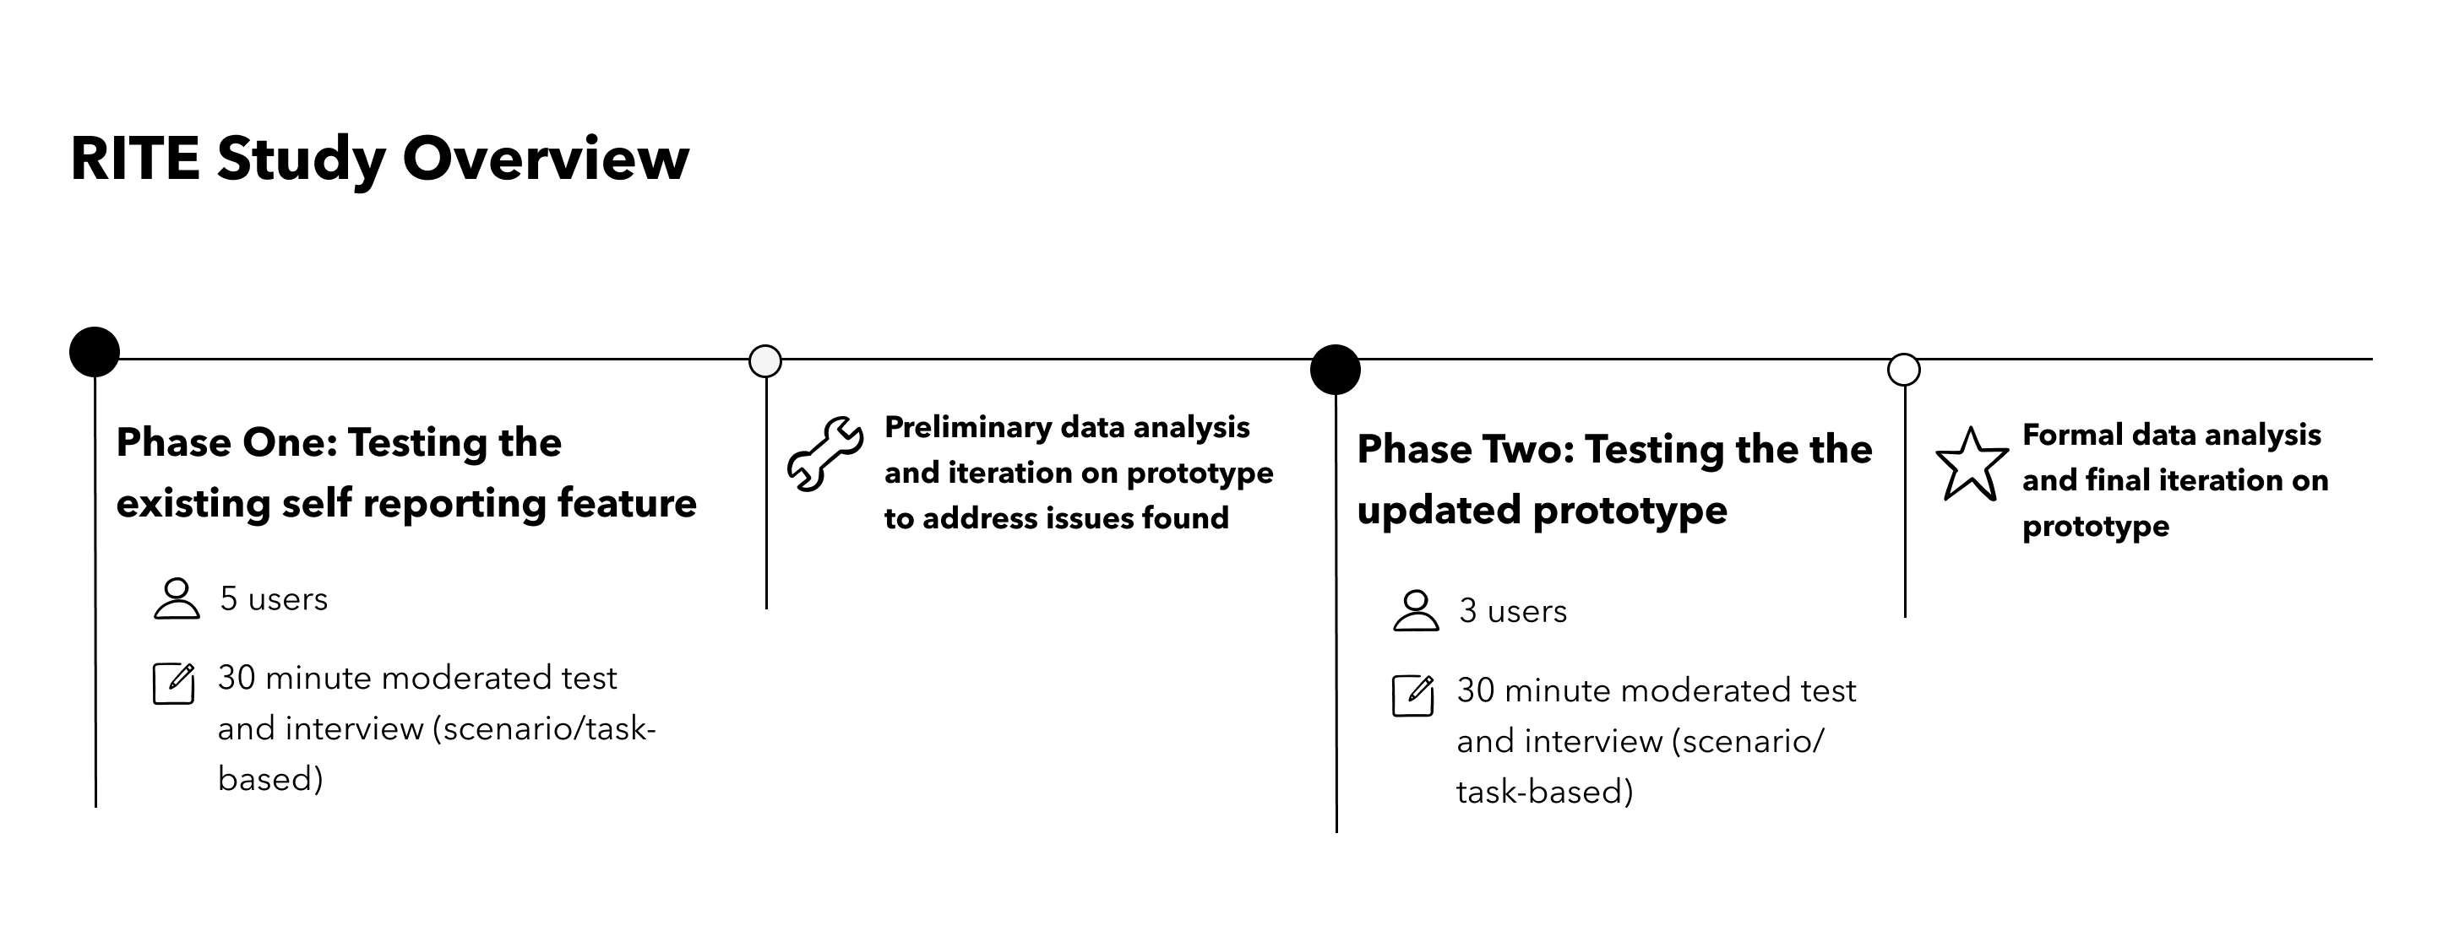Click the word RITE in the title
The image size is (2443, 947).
(x=134, y=159)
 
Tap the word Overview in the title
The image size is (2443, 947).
(x=546, y=159)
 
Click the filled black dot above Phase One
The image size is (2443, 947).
(x=95, y=352)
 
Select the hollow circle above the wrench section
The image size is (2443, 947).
(x=765, y=361)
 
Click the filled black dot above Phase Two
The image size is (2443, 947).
(x=1336, y=370)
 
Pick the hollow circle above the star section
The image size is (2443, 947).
(x=1904, y=370)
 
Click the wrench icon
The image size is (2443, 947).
(x=825, y=454)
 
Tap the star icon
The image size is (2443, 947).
(x=1972, y=463)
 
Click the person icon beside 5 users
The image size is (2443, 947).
(x=177, y=599)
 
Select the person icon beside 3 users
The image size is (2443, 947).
(x=1416, y=610)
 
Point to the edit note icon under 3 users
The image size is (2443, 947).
(x=1414, y=695)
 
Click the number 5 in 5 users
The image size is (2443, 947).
(x=229, y=599)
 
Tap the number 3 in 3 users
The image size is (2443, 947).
(x=1468, y=611)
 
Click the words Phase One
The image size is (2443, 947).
(x=226, y=442)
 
